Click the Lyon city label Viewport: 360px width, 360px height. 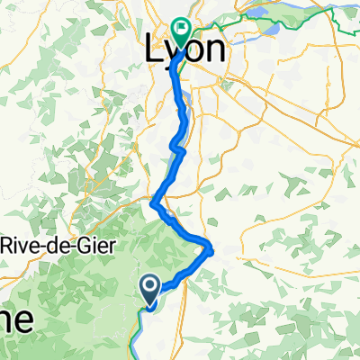pos(184,51)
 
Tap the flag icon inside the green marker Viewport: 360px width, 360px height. pos(181,30)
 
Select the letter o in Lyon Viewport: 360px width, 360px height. pos(192,52)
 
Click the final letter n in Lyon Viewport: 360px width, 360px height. pos(212,52)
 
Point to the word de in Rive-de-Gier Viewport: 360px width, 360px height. pos(66,245)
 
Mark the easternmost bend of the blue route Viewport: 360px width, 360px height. pos(211,248)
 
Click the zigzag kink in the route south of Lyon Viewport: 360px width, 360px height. pos(177,147)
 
